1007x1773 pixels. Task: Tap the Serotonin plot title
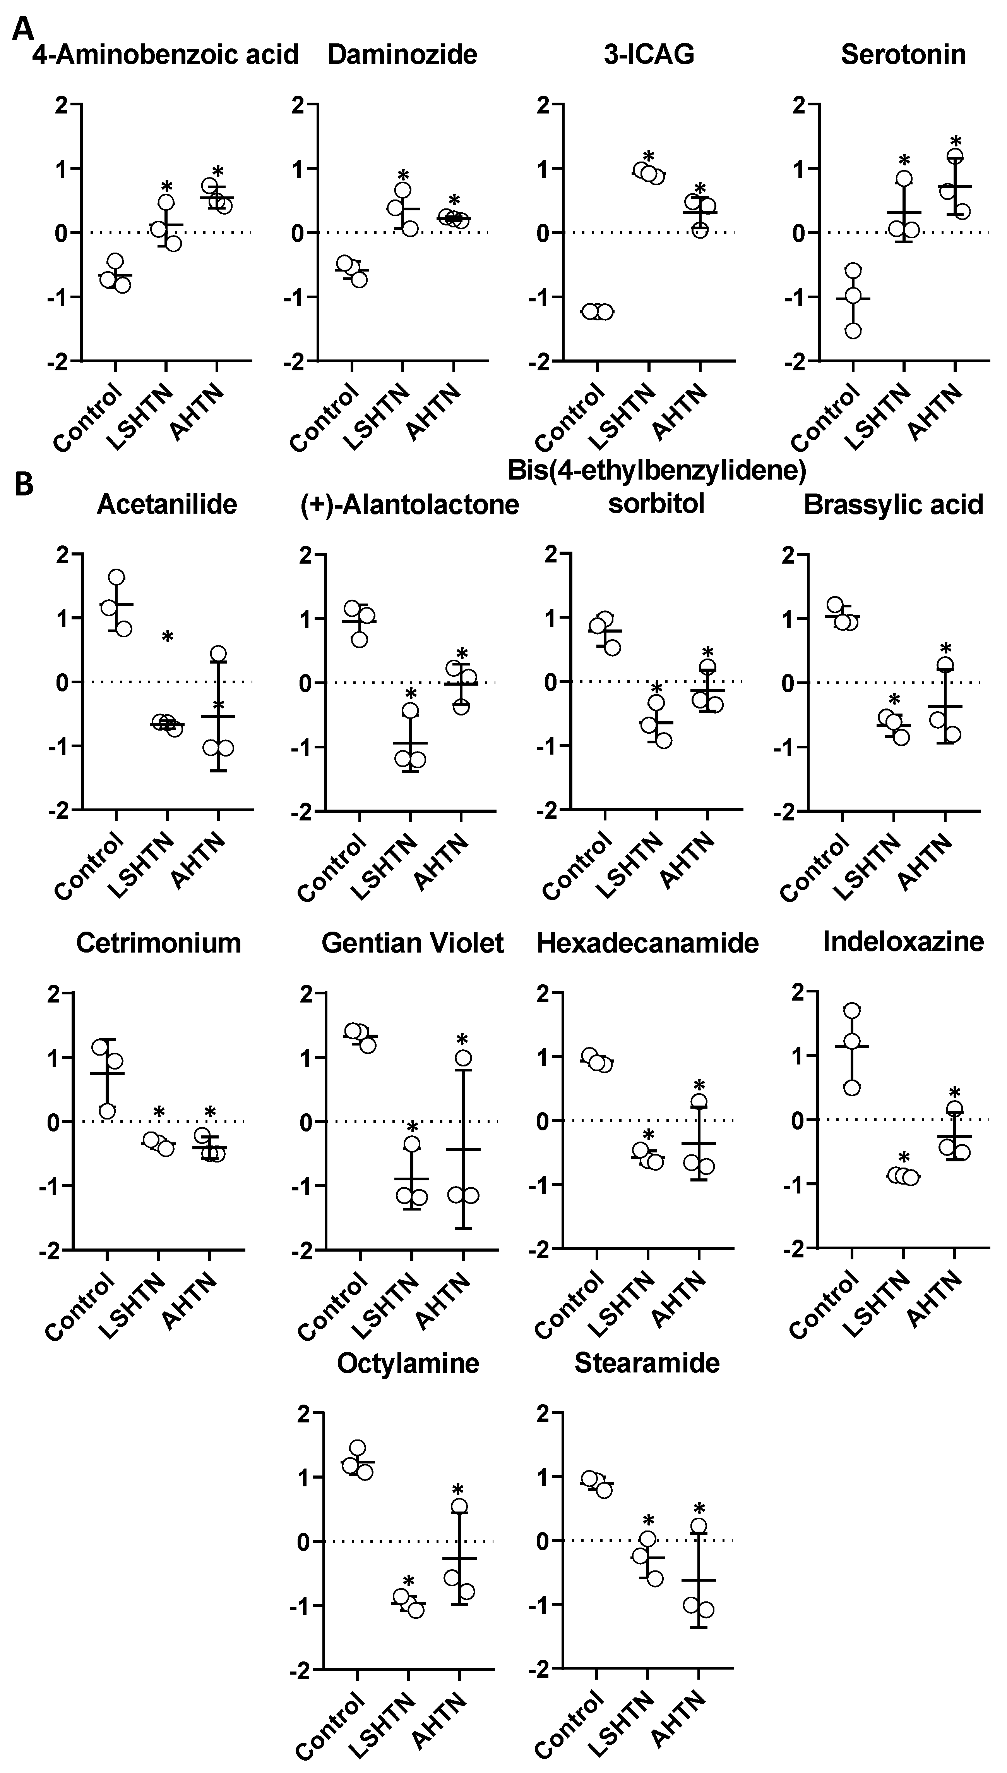tap(903, 55)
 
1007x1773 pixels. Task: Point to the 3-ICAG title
tap(649, 55)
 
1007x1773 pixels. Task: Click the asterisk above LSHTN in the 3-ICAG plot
tap(648, 156)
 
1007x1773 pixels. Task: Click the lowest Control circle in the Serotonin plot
tap(853, 330)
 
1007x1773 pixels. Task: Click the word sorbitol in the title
tap(656, 504)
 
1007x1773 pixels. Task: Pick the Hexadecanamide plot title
tap(647, 943)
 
